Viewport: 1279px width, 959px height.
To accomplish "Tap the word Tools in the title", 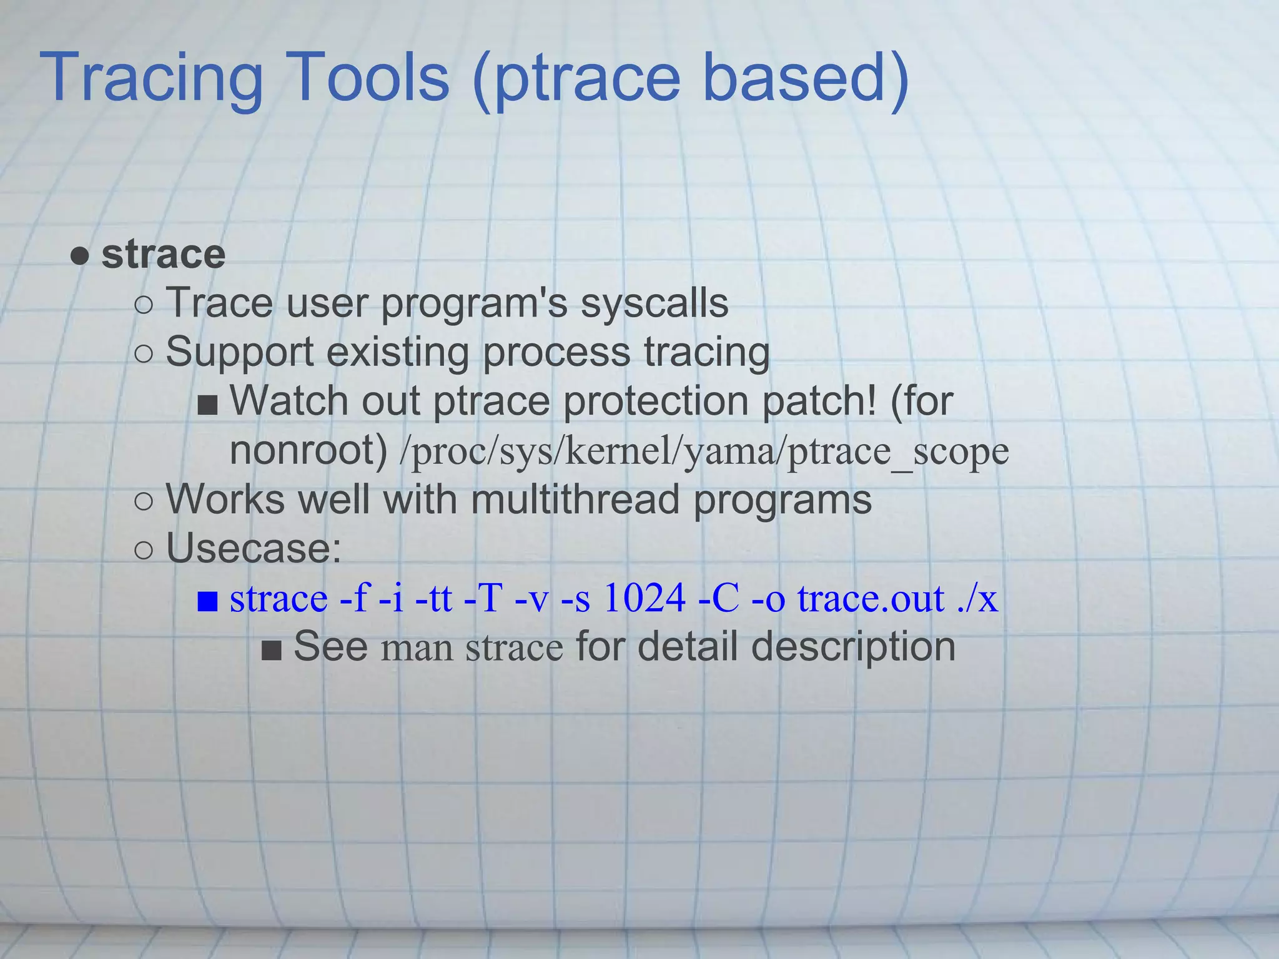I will coord(369,78).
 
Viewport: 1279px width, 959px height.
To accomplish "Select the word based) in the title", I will coord(806,78).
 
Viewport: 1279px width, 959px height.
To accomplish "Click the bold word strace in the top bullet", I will coord(163,255).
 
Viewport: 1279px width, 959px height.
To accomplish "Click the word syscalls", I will coord(654,304).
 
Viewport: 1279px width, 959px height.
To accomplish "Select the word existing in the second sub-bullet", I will coord(397,352).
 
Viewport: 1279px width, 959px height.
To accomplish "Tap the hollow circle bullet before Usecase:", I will coord(144,550).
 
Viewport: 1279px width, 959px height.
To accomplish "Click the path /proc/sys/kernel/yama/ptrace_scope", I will coord(704,451).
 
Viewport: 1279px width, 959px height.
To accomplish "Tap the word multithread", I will coord(575,500).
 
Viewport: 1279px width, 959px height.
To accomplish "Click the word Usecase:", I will coord(254,549).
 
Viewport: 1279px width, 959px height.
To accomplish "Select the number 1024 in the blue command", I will coord(644,598).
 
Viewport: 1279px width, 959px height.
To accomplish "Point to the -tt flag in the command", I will coord(433,598).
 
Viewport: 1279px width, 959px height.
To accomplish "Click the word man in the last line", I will coord(417,648).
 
